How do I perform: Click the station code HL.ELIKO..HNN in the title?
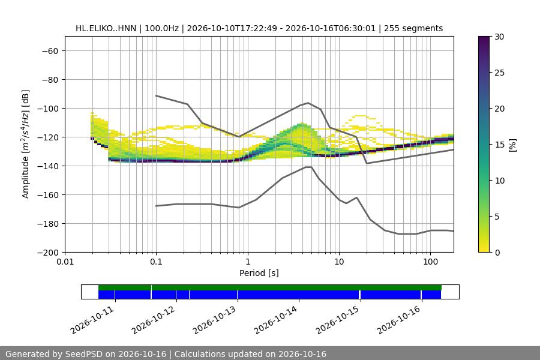click(106, 28)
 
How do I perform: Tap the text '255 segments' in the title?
click(413, 28)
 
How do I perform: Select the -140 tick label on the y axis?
click(50, 166)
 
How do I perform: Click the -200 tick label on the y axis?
click(50, 253)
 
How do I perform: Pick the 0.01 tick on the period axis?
click(65, 262)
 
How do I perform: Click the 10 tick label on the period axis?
click(339, 262)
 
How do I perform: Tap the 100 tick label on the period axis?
click(430, 262)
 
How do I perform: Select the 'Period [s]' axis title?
click(259, 273)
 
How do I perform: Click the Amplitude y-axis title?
click(25, 145)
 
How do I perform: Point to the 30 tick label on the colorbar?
click(499, 37)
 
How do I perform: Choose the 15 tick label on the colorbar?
click(499, 145)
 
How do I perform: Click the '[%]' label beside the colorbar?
click(513, 145)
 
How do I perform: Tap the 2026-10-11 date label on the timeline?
click(92, 320)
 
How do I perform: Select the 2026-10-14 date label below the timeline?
click(275, 320)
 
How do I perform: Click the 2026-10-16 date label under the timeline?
click(398, 320)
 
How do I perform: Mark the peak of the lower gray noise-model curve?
click(308, 167)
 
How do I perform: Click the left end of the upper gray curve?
click(157, 95)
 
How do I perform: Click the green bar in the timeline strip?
click(270, 287)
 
